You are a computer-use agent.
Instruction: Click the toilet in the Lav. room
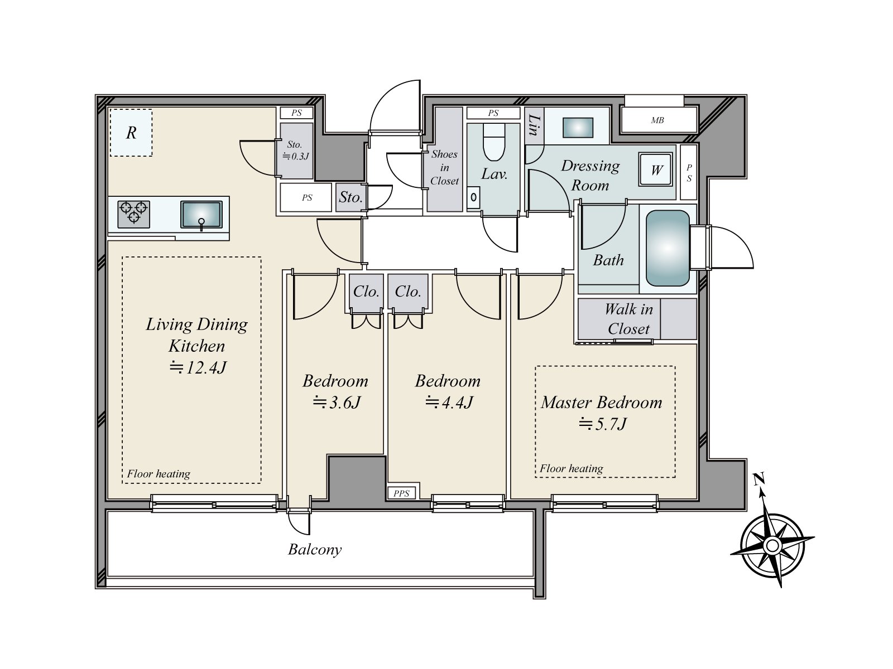click(494, 142)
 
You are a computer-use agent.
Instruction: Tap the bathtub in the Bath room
click(668, 248)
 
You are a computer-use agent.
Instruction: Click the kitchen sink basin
click(201, 215)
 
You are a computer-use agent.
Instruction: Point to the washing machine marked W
click(655, 170)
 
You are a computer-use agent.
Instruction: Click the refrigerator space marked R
click(131, 133)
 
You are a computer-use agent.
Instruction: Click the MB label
click(657, 120)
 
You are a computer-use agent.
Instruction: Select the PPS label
click(401, 493)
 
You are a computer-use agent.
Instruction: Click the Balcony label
click(315, 550)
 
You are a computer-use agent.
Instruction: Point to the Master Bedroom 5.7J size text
click(603, 424)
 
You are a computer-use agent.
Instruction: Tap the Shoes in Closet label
click(444, 167)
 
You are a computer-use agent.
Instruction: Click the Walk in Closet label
click(628, 319)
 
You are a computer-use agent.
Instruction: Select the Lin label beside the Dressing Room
click(534, 125)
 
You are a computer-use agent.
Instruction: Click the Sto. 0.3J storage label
click(296, 151)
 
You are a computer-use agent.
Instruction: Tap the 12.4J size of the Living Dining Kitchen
click(198, 367)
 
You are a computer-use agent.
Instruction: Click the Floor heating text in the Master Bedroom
click(571, 468)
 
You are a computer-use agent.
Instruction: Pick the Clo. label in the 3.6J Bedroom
click(366, 291)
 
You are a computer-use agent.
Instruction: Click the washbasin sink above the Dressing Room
click(578, 128)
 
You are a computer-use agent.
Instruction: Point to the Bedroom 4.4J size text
click(449, 403)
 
